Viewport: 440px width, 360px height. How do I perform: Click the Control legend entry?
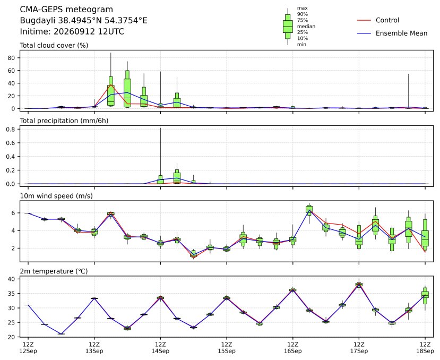(x=378, y=20)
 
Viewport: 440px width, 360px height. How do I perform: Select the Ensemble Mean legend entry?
(x=392, y=33)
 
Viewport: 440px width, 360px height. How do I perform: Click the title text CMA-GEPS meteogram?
(x=66, y=10)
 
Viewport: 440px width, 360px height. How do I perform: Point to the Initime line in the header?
(x=72, y=31)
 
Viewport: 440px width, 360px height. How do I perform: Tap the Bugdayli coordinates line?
(x=83, y=21)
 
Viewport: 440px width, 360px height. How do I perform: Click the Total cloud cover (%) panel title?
(x=54, y=46)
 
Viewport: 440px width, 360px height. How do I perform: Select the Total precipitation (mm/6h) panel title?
(x=64, y=121)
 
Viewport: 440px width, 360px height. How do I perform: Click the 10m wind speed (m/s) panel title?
(x=56, y=196)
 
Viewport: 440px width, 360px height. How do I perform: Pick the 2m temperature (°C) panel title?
(x=54, y=271)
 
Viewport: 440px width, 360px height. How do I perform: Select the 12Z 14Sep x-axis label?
(x=160, y=348)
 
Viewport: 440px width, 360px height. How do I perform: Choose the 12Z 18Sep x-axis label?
(x=425, y=348)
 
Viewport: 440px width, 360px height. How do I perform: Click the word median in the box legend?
(x=306, y=27)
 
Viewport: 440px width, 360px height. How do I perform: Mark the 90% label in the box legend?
(x=303, y=14)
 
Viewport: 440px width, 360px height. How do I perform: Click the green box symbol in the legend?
(x=288, y=27)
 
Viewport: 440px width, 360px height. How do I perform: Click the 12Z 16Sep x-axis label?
(x=292, y=348)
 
